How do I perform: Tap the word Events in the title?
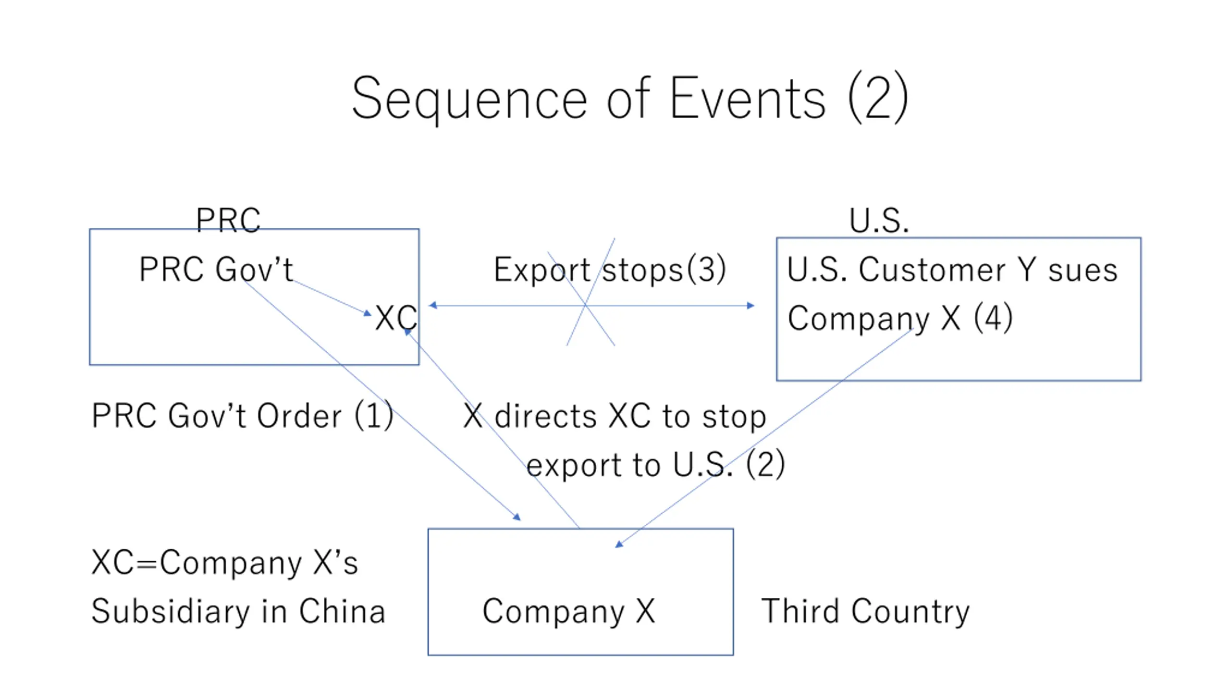[x=748, y=99]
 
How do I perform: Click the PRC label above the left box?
[x=228, y=220]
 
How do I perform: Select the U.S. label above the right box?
[x=879, y=221]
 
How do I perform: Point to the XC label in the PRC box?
[x=396, y=318]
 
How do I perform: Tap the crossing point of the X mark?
[x=586, y=305]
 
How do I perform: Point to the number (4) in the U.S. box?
[x=993, y=318]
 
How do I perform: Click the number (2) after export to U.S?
[x=765, y=464]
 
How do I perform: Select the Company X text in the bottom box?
[x=568, y=611]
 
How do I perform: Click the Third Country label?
[x=865, y=611]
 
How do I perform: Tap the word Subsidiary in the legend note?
[x=171, y=611]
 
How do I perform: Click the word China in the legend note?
[x=342, y=611]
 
